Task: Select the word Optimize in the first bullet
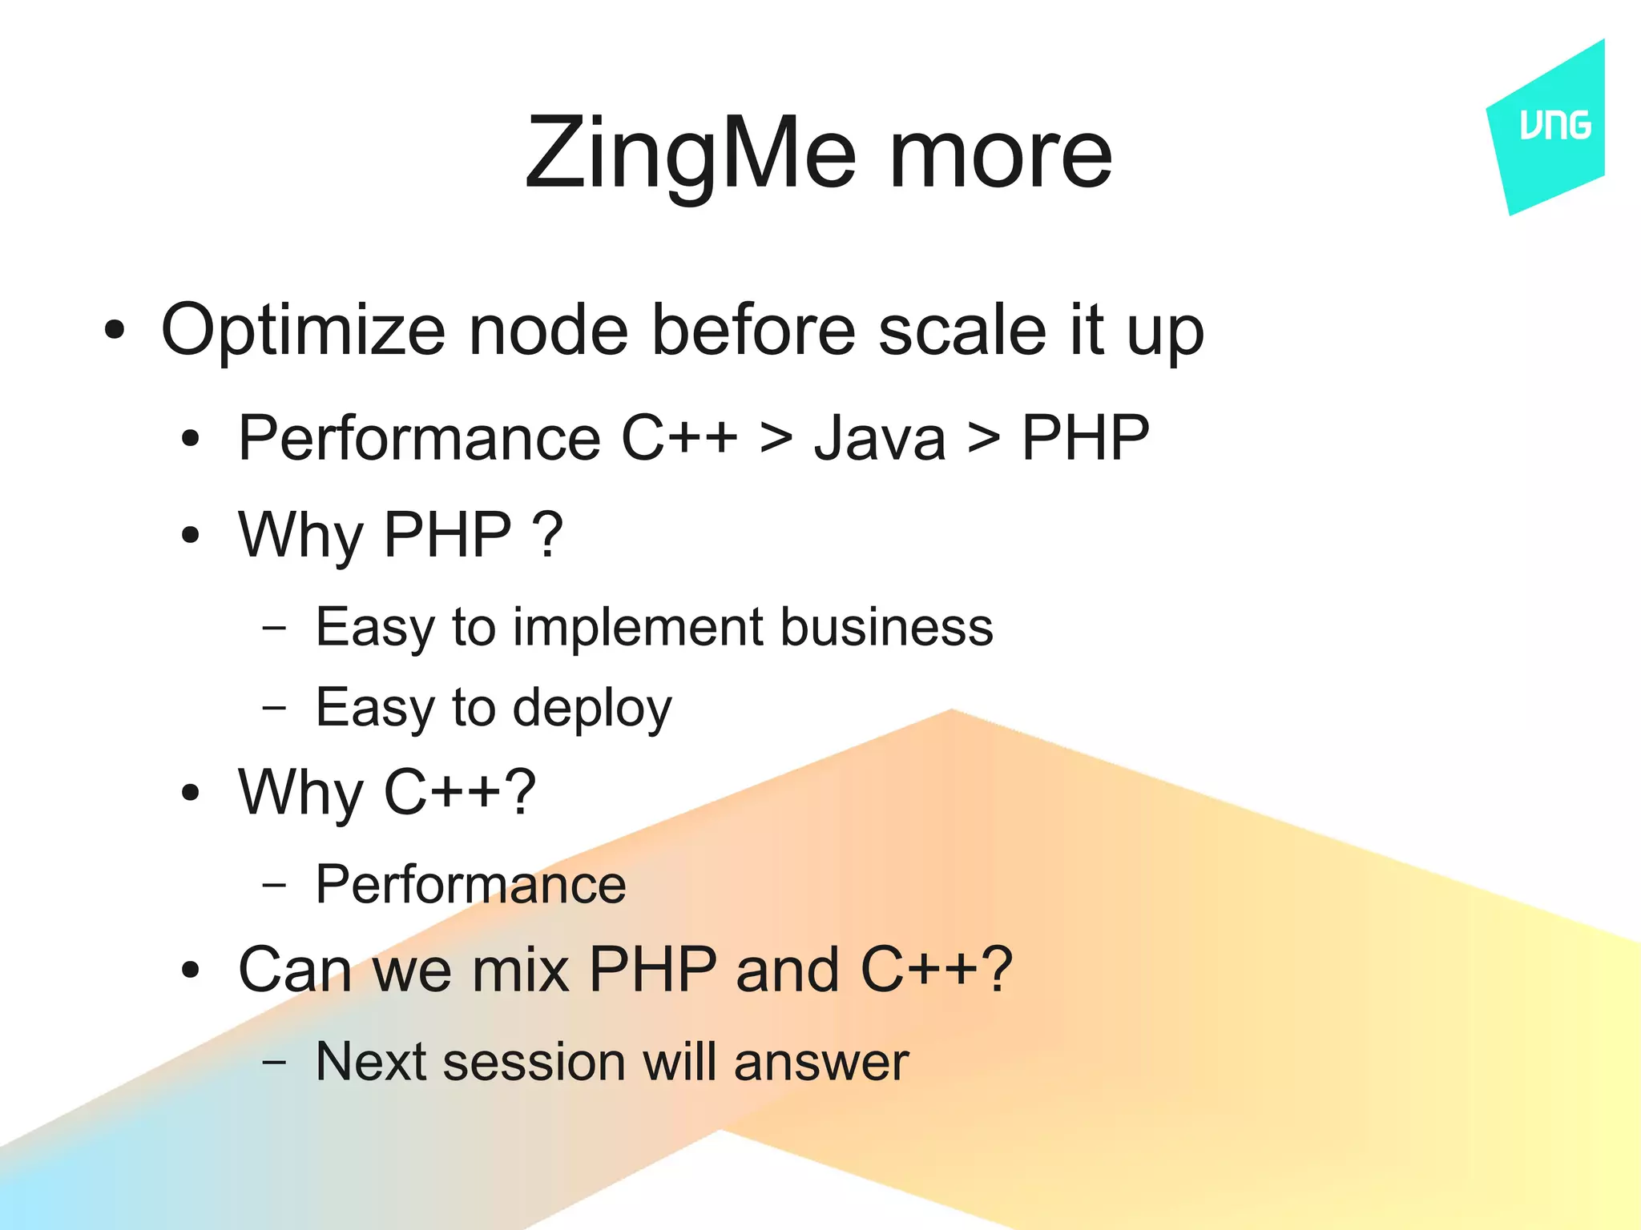pyautogui.click(x=303, y=332)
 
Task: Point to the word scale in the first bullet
pyautogui.click(x=962, y=330)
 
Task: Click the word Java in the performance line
pyautogui.click(x=879, y=439)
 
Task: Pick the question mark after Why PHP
pyautogui.click(x=548, y=535)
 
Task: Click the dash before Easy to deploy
pyautogui.click(x=274, y=708)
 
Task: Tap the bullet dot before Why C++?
pyautogui.click(x=190, y=793)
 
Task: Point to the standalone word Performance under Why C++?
pyautogui.click(x=470, y=885)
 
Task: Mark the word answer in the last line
pyautogui.click(x=820, y=1063)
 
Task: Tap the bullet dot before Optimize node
pyautogui.click(x=115, y=330)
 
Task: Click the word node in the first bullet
pyautogui.click(x=548, y=330)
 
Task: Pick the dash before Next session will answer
pyautogui.click(x=274, y=1063)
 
